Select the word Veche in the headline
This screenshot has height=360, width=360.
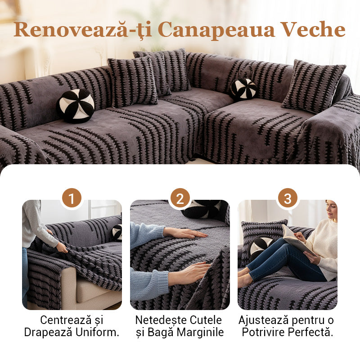313,30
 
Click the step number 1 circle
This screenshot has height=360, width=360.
72,198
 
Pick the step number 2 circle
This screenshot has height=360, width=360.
180,198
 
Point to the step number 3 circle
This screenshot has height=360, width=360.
288,198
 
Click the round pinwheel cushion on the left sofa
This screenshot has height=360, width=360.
76,106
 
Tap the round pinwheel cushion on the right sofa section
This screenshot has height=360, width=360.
243,89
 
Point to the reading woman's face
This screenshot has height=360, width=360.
331,210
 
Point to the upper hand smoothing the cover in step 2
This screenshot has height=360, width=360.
184,233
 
